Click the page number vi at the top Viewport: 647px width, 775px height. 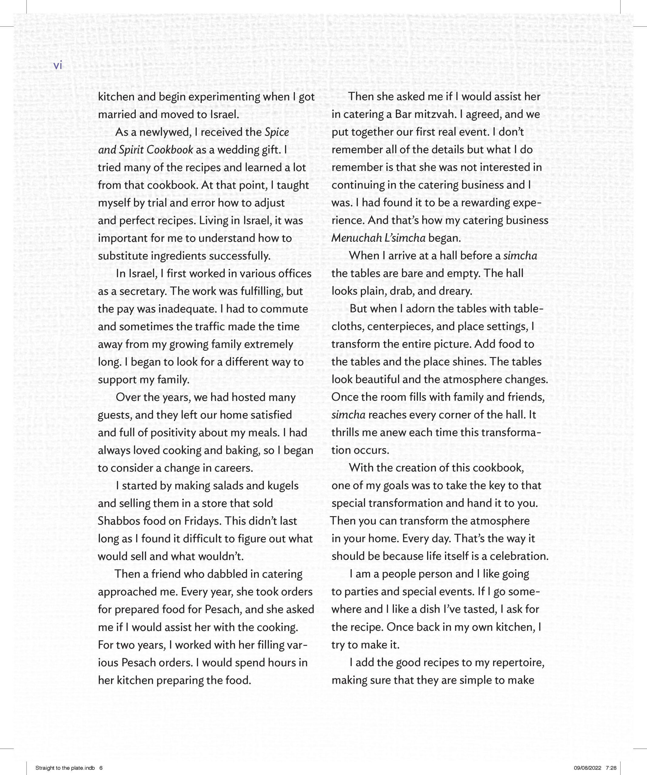coord(58,66)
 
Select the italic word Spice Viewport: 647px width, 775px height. coord(277,132)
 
